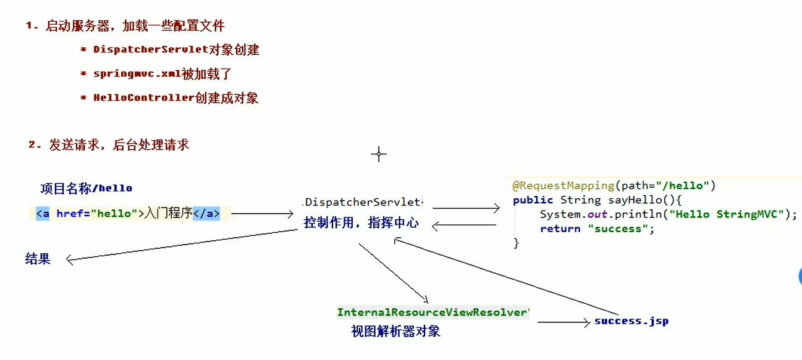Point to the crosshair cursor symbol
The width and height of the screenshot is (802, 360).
[x=379, y=154]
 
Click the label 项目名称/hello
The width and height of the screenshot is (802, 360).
[x=87, y=188]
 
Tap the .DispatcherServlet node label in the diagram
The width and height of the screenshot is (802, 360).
[x=363, y=202]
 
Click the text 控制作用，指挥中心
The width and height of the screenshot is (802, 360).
[x=361, y=223]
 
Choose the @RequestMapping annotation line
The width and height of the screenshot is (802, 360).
[x=614, y=185]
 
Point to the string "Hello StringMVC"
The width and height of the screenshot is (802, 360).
[x=729, y=214]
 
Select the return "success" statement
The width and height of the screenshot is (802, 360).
[x=597, y=228]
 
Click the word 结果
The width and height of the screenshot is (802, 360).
[x=38, y=259]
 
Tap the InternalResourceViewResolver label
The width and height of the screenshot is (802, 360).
[x=433, y=312]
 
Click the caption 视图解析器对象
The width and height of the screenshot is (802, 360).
[x=396, y=331]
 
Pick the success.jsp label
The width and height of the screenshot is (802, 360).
[x=631, y=321]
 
